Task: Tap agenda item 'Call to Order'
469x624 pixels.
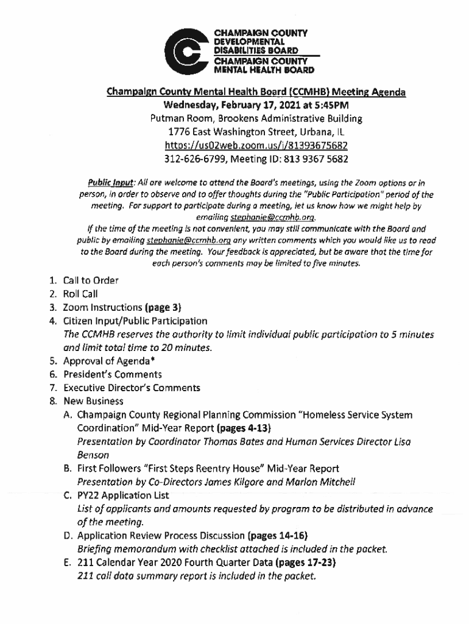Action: pos(91,281)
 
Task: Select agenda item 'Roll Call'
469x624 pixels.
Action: pos(80,294)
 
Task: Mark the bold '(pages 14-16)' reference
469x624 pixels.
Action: pos(282,536)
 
